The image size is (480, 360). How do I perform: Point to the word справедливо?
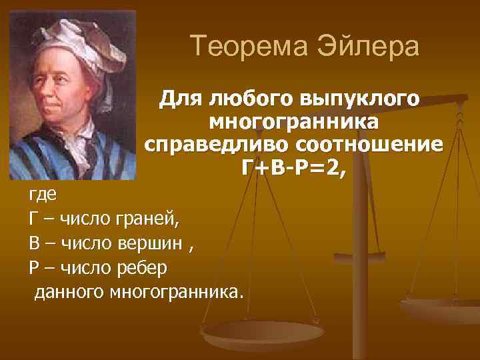[x=215, y=145]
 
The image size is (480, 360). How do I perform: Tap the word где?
[x=43, y=195]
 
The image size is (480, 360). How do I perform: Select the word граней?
[x=149, y=219]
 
